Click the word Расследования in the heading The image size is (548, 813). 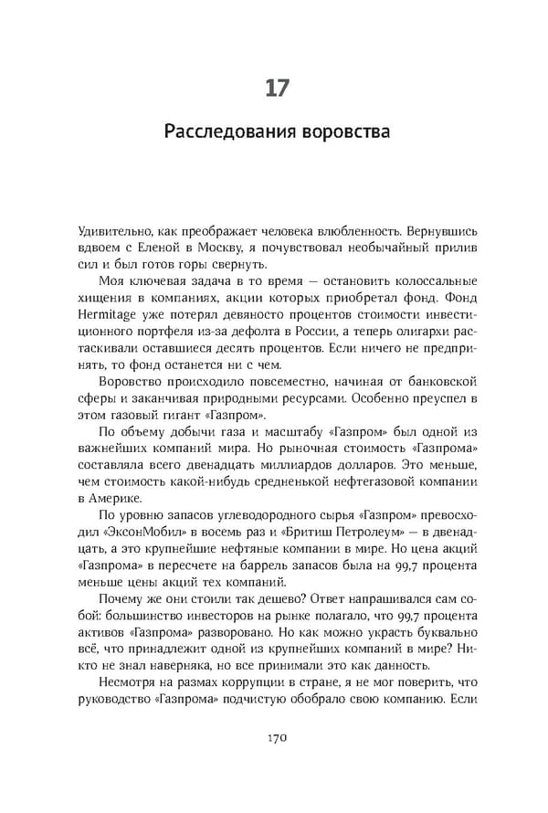(227, 132)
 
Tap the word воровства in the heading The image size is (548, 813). (341, 132)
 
